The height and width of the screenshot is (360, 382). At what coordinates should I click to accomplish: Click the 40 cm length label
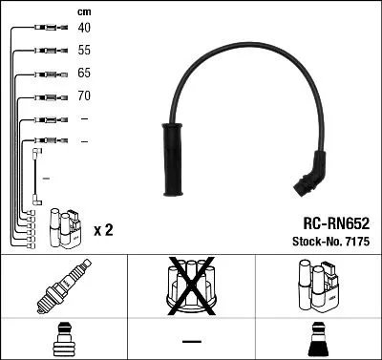click(85, 28)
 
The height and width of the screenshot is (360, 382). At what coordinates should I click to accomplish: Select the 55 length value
click(85, 50)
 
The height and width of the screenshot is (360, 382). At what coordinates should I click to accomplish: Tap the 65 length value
click(85, 73)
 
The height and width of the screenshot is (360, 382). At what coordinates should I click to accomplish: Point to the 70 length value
click(85, 95)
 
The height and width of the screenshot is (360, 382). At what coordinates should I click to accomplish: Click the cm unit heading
click(82, 11)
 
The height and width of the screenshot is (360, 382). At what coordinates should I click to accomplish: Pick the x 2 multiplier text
click(104, 230)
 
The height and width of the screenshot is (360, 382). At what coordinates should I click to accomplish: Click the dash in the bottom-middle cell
click(191, 340)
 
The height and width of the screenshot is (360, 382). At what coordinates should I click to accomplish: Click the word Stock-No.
click(312, 243)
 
